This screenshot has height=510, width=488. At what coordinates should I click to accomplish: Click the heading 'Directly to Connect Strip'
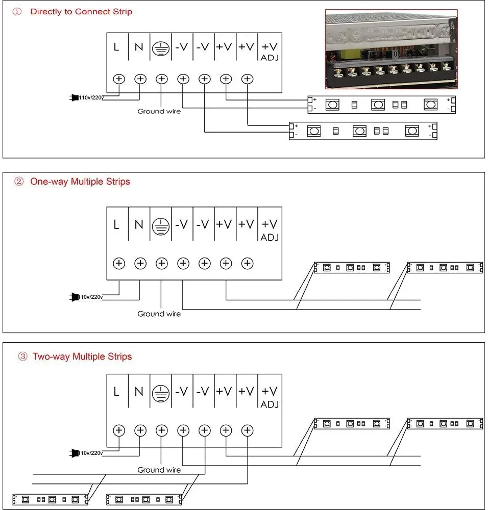tap(81, 11)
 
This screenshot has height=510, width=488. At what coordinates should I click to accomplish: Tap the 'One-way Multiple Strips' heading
tap(80, 182)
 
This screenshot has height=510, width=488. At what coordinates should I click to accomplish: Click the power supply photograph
tap(391, 49)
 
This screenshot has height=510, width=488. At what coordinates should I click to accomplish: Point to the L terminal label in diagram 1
tap(117, 47)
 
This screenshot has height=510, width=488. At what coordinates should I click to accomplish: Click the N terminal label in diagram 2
tap(138, 224)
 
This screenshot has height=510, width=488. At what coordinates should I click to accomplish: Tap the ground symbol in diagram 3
tap(161, 392)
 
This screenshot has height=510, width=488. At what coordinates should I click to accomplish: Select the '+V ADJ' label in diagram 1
tap(269, 50)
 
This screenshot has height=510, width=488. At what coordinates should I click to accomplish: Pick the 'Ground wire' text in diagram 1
tap(159, 111)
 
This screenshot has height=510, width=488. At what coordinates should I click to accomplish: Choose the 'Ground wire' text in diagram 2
tap(159, 314)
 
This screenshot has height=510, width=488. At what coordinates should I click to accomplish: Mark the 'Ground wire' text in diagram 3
tap(159, 470)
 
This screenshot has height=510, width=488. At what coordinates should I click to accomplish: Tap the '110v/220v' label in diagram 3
tap(91, 453)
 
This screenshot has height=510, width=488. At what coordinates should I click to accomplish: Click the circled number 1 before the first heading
tap(18, 11)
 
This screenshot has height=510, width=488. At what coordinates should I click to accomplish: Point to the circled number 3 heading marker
tap(22, 356)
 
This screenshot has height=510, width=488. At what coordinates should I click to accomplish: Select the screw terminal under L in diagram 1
tap(119, 79)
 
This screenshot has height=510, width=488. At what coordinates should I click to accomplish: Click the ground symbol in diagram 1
tap(161, 48)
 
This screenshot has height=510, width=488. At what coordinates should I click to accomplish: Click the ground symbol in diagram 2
tap(161, 225)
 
